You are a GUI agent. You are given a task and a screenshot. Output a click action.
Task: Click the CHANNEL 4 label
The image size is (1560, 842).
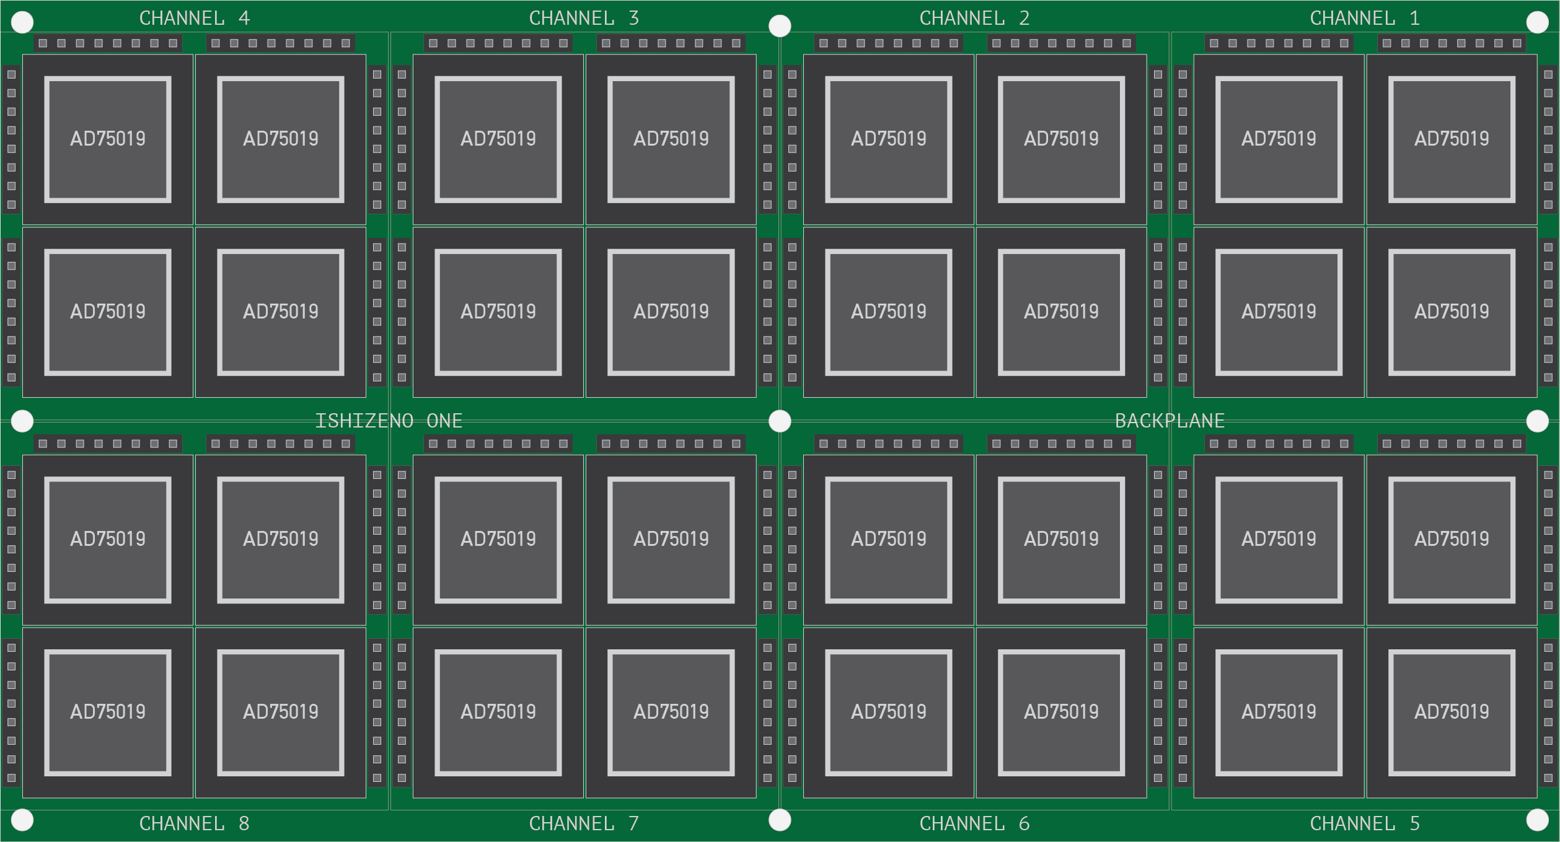point(194,18)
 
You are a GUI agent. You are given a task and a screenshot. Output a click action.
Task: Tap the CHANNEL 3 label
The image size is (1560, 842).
point(584,18)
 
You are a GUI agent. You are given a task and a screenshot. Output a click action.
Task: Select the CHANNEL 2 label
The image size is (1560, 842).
point(974,18)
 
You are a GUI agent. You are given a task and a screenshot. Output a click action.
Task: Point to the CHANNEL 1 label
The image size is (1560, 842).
point(1365,18)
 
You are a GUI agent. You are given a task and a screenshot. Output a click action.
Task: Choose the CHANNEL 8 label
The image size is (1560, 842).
point(194,823)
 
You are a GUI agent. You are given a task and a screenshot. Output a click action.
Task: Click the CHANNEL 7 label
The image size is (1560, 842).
point(584,823)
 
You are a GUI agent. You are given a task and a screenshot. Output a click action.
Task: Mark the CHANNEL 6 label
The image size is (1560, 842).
point(974,823)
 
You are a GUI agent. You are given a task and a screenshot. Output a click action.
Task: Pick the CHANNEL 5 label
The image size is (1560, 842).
point(1365,823)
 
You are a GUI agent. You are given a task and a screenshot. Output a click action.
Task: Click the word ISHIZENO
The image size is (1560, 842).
point(364,421)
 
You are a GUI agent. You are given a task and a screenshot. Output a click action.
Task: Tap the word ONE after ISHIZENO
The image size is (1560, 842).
point(444,421)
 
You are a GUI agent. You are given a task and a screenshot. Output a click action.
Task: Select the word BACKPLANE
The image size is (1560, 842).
point(1170,421)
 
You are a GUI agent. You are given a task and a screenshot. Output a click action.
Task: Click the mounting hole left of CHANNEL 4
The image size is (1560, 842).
point(22,22)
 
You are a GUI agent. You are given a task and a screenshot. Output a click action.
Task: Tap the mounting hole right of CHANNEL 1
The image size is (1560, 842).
point(1537,22)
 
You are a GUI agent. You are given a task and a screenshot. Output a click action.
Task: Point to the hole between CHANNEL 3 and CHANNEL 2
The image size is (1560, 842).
point(780,25)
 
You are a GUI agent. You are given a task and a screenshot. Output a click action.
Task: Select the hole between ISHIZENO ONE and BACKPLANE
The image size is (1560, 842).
point(780,421)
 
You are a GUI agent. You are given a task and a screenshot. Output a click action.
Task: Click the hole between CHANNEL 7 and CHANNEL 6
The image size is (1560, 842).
point(780,820)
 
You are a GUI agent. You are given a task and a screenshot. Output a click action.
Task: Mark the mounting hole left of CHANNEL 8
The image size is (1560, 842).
point(22,820)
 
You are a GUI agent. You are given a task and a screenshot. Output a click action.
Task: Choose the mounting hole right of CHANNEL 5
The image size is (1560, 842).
point(1537,820)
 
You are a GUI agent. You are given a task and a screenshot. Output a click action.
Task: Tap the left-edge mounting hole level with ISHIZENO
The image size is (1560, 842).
point(22,421)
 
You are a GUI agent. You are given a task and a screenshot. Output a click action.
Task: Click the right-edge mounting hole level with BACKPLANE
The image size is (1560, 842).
point(1537,421)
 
